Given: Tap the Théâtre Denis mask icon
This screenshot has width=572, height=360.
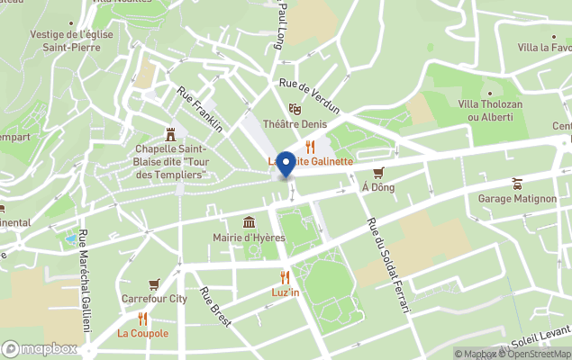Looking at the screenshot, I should pyautogui.click(x=294, y=109).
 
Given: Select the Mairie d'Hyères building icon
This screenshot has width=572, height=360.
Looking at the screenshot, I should pyautogui.click(x=249, y=222).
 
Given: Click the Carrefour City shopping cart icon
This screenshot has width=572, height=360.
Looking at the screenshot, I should pyautogui.click(x=153, y=283).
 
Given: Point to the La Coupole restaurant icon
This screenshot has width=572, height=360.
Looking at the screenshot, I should pyautogui.click(x=142, y=318).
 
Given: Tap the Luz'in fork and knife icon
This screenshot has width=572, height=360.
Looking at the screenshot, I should pyautogui.click(x=285, y=277).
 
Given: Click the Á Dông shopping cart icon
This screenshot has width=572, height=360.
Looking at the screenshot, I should pyautogui.click(x=378, y=172).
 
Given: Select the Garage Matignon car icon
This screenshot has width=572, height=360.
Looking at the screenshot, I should pyautogui.click(x=517, y=184).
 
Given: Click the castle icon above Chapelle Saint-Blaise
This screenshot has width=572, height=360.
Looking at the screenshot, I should pyautogui.click(x=170, y=131).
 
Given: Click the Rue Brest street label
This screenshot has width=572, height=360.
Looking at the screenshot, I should pyautogui.click(x=215, y=306).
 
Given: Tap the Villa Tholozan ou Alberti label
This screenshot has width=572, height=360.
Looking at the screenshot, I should pyautogui.click(x=490, y=110).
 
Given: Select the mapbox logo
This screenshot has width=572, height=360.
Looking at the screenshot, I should pyautogui.click(x=40, y=348).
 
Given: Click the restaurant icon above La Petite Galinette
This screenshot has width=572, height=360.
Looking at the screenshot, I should pyautogui.click(x=311, y=146).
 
